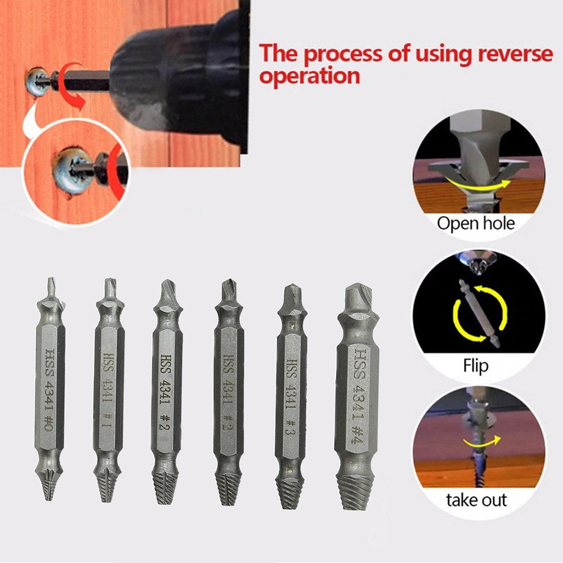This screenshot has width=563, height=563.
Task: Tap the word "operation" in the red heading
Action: coord(309,76)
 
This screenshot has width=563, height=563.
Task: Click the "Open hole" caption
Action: coord(476,223)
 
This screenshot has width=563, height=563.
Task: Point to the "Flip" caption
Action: coord(476,367)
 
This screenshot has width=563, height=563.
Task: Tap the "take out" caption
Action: coord(476,499)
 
